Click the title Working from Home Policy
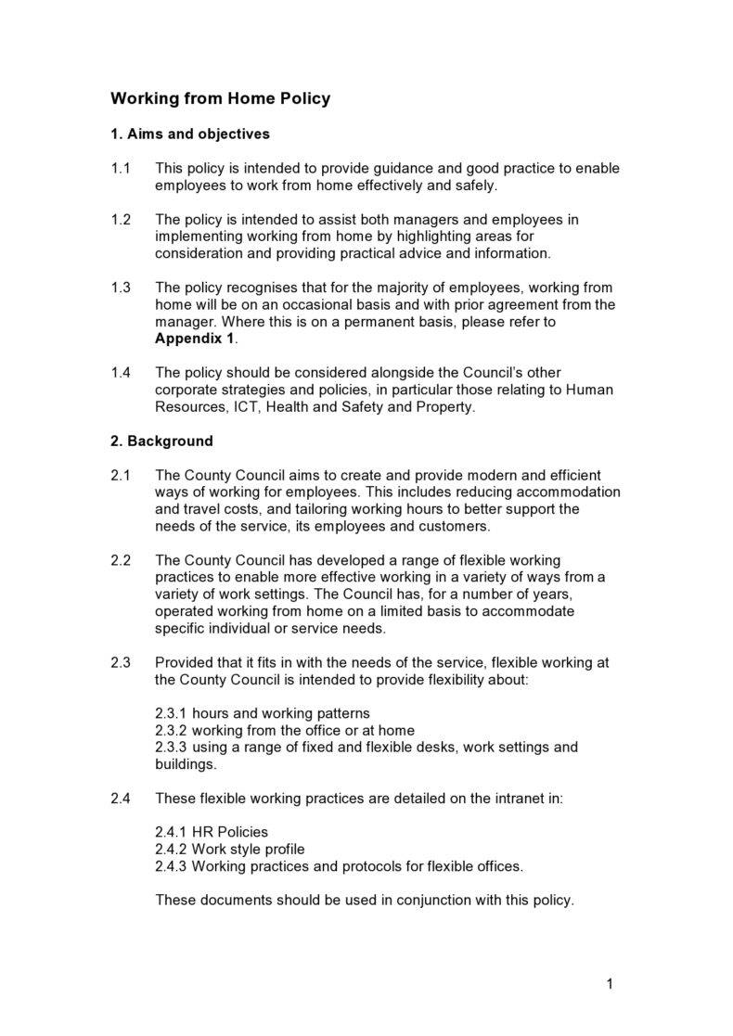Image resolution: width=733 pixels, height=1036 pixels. [x=220, y=98]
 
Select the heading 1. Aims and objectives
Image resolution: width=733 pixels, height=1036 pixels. [x=190, y=134]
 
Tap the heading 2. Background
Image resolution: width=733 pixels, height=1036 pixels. [x=161, y=441]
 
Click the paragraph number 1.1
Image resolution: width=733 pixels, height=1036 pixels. [x=121, y=169]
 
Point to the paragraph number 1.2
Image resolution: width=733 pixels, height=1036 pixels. [x=121, y=220]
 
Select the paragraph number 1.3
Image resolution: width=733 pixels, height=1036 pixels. [x=121, y=288]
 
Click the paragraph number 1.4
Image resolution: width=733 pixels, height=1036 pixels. [x=121, y=373]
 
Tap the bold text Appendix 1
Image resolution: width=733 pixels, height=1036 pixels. [x=195, y=339]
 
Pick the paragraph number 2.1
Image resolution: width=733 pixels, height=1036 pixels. [x=121, y=475]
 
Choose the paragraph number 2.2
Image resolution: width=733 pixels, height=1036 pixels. [x=121, y=560]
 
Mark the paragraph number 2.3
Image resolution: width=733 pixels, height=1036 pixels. [x=121, y=662]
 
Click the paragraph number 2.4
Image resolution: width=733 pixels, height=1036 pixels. [x=121, y=798]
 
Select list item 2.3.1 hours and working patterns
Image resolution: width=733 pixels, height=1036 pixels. [x=263, y=713]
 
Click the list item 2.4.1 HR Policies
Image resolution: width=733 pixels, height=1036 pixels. [x=212, y=832]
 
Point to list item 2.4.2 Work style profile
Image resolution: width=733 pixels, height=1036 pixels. [x=229, y=849]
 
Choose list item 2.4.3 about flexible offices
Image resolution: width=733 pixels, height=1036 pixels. [x=339, y=866]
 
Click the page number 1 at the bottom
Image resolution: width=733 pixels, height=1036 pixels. [x=609, y=984]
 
